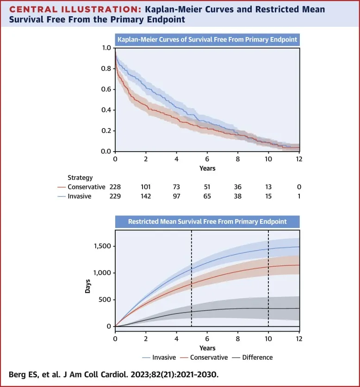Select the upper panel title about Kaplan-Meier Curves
pos(207,40)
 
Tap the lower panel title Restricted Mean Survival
pos(207,221)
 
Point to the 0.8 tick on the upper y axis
pos(106,69)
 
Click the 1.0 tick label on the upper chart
pos(106,48)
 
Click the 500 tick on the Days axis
pos(105,300)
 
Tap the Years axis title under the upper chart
pos(207,168)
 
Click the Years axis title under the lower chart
pos(207,348)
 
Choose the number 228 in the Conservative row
pos(115,187)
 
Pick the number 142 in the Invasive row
pos(146,196)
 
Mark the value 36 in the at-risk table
pos(238,187)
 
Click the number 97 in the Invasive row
pos(176,196)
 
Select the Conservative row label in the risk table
pos(86,187)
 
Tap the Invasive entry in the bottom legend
pos(166,357)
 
